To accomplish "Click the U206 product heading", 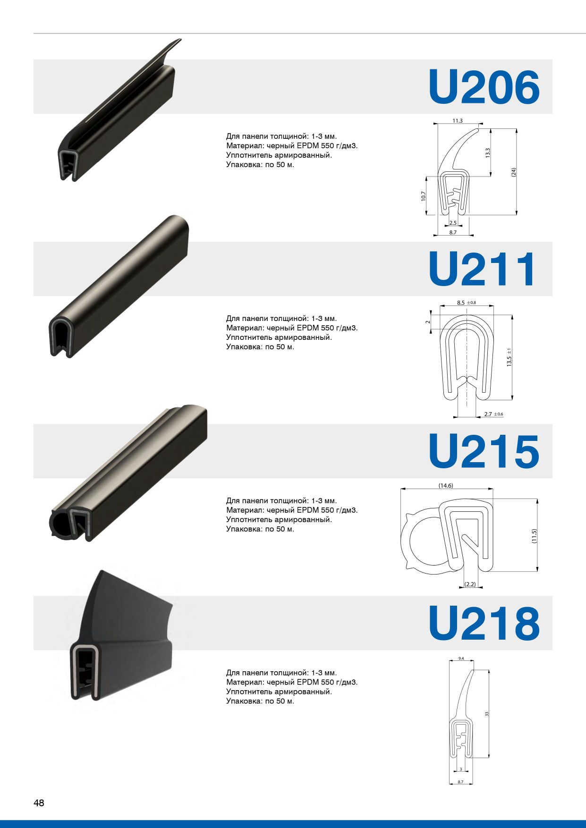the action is click(x=484, y=87).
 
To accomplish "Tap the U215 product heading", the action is click(x=484, y=451).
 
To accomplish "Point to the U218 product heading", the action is click(x=484, y=623).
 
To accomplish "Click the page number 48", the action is click(x=39, y=803).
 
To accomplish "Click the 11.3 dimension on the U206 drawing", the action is click(x=458, y=121).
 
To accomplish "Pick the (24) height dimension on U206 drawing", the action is click(x=514, y=172).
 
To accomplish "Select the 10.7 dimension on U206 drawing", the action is click(x=424, y=196).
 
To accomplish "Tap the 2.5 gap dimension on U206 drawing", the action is click(x=453, y=223).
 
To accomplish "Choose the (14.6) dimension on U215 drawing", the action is click(x=446, y=485).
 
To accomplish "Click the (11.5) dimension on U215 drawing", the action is click(x=534, y=536).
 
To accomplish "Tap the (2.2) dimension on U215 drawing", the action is click(x=470, y=584).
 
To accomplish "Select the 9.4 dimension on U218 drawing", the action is click(x=461, y=659).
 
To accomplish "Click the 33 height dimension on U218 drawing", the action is click(x=487, y=714).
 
